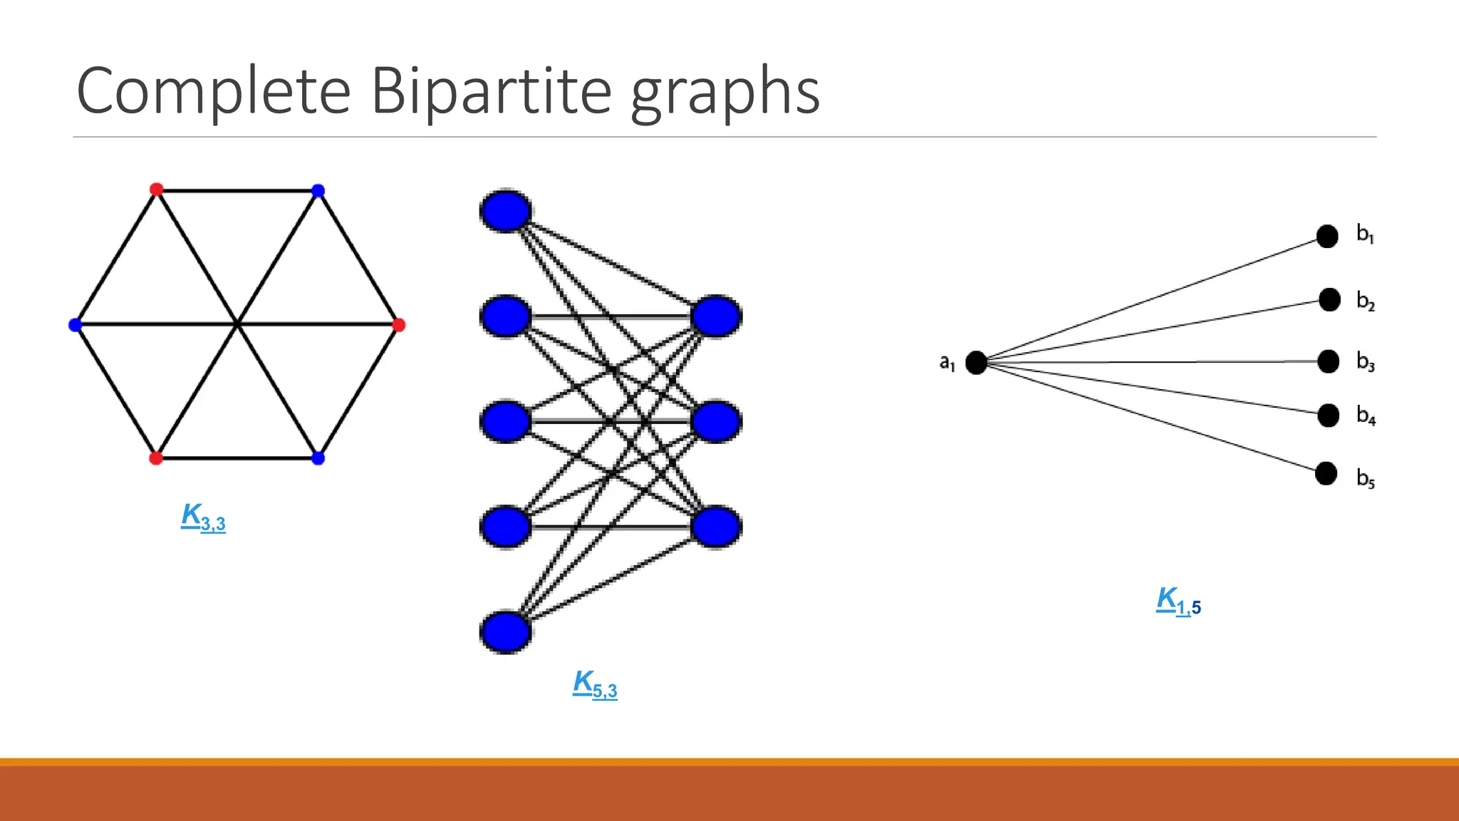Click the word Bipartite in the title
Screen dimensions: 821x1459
491,91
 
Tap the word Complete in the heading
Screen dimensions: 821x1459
214,91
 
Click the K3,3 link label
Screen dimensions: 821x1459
203,517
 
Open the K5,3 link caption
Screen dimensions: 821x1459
595,684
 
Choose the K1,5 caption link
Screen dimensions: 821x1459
1178,601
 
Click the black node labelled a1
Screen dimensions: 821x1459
976,362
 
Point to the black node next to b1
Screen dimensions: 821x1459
1327,236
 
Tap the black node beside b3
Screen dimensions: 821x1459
1328,361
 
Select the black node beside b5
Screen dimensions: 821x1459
1326,473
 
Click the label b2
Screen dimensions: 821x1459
1365,301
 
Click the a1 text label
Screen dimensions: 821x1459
947,363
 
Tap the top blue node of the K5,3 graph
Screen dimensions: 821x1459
505,211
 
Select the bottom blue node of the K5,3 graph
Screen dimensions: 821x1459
505,631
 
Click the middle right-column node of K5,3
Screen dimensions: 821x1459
717,421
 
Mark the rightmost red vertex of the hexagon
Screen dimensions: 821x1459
399,325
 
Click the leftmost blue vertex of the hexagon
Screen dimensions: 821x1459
75,325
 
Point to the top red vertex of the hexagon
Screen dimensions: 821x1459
157,190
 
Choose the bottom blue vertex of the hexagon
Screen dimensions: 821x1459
318,458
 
